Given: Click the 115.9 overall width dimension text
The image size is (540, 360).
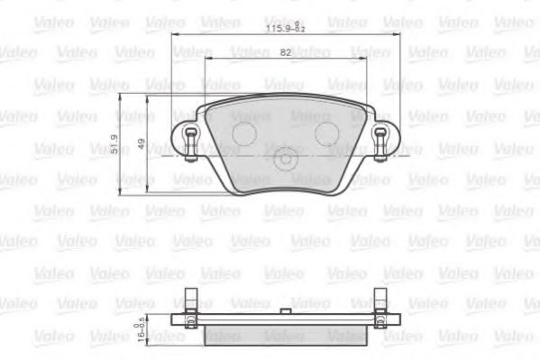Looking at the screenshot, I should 286,28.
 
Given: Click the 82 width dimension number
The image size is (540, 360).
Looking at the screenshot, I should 285,53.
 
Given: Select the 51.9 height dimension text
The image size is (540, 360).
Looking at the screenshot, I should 114,144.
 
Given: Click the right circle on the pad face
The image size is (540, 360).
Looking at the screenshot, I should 325,133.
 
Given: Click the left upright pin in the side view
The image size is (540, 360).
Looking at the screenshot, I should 190,302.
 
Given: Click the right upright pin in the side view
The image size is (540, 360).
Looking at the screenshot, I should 380,302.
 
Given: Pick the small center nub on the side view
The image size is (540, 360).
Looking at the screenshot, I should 285,311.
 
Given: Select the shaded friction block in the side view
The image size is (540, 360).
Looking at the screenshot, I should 285,335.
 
